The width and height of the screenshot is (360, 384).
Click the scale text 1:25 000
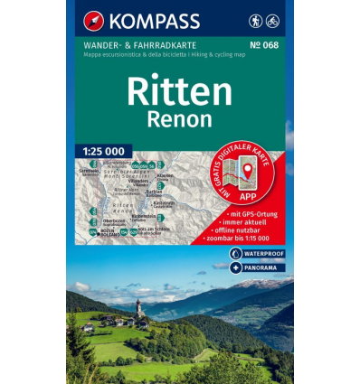[x=103, y=150]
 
